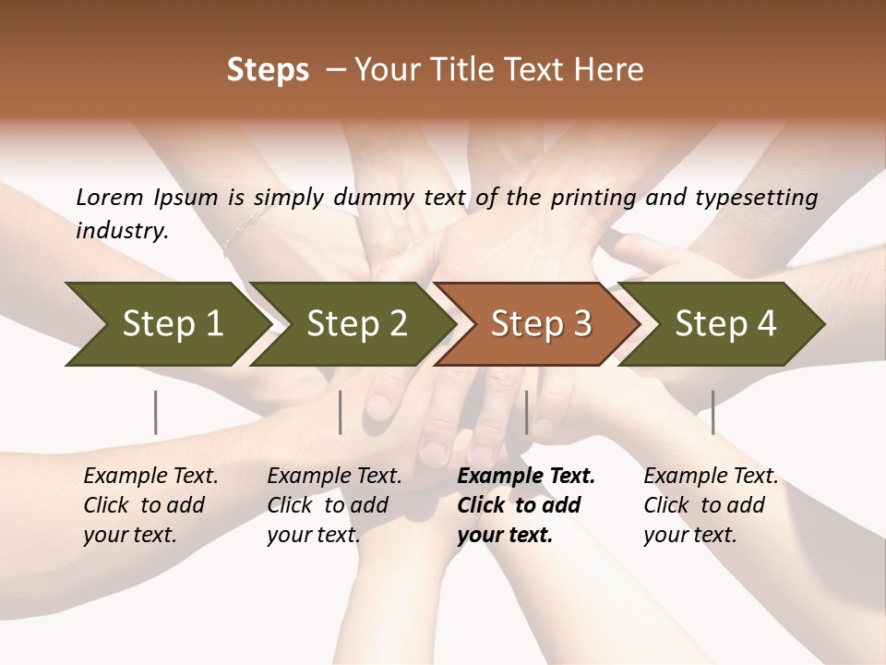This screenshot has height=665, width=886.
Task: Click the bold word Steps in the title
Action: click(268, 70)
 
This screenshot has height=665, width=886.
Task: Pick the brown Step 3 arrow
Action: click(535, 323)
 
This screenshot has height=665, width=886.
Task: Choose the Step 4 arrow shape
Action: click(720, 323)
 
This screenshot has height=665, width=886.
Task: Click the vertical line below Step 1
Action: click(156, 412)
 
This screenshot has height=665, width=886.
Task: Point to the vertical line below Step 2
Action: click(341, 412)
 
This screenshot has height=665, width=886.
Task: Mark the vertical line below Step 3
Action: click(527, 412)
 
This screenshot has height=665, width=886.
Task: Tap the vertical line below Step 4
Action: click(713, 412)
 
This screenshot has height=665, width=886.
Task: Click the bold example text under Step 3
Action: click(524, 505)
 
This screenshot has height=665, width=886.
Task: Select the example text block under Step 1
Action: click(150, 505)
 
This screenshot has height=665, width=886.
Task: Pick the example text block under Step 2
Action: click(333, 505)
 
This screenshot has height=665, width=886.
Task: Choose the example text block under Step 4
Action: click(710, 505)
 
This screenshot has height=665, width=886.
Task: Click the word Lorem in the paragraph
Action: click(110, 197)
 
